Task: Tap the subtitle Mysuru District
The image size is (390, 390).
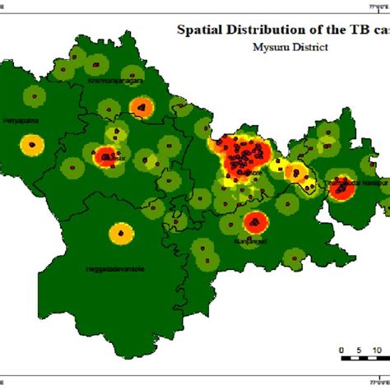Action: (x=290, y=47)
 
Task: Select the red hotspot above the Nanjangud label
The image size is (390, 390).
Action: (x=254, y=221)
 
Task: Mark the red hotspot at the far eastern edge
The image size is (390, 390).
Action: (x=341, y=188)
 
